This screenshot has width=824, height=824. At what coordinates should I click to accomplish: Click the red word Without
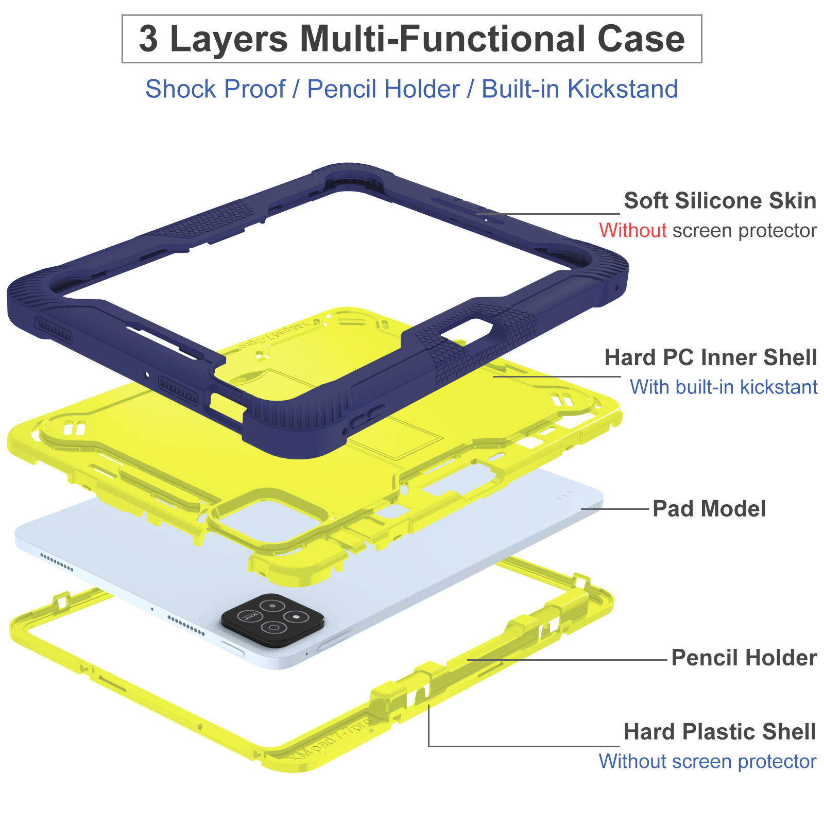(632, 230)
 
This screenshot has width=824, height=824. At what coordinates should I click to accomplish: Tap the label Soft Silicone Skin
(720, 201)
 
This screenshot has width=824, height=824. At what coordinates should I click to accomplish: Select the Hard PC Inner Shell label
(710, 357)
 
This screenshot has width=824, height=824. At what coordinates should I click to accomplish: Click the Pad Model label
(709, 509)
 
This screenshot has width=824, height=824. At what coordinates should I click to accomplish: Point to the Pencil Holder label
(744, 658)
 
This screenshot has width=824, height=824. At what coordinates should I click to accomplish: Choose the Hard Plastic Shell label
(719, 732)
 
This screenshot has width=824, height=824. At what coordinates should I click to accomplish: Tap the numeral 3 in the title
(148, 39)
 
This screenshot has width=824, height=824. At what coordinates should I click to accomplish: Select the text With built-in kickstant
(724, 387)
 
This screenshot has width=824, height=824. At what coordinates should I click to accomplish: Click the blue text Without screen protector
(707, 761)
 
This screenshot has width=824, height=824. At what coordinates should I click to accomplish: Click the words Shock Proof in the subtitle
(215, 89)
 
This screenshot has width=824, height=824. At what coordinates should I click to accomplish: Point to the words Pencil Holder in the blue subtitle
(383, 89)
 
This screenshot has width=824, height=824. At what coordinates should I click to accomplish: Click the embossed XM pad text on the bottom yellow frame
(330, 742)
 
